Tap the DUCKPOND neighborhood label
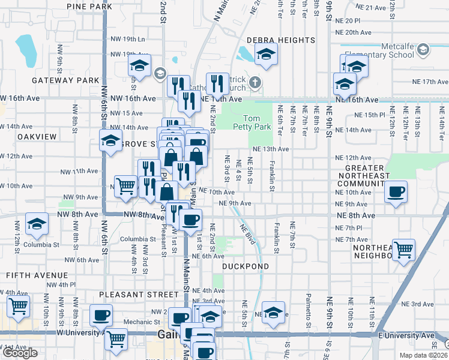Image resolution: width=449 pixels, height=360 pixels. (x=246, y=266)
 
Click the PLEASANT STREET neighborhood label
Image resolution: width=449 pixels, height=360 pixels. (x=139, y=295)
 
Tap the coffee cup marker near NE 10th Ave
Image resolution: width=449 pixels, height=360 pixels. (x=396, y=193)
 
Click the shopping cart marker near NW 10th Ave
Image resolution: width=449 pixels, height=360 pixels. (x=126, y=187)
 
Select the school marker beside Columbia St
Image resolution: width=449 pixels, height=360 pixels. (x=37, y=224)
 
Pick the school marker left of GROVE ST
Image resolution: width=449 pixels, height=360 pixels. (x=110, y=142)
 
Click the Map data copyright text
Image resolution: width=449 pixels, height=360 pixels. (x=423, y=355)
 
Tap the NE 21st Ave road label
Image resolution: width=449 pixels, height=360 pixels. (x=370, y=7)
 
